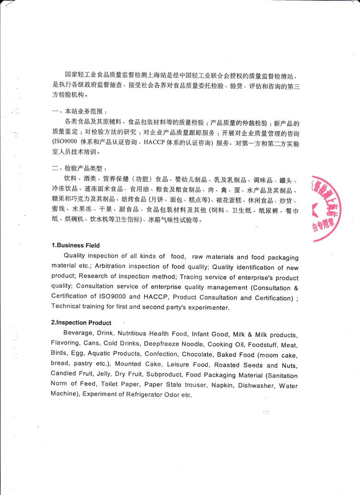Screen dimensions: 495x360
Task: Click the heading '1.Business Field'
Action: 76,245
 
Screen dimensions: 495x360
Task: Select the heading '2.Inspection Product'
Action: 81,323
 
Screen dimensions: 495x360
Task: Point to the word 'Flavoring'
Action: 66,344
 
